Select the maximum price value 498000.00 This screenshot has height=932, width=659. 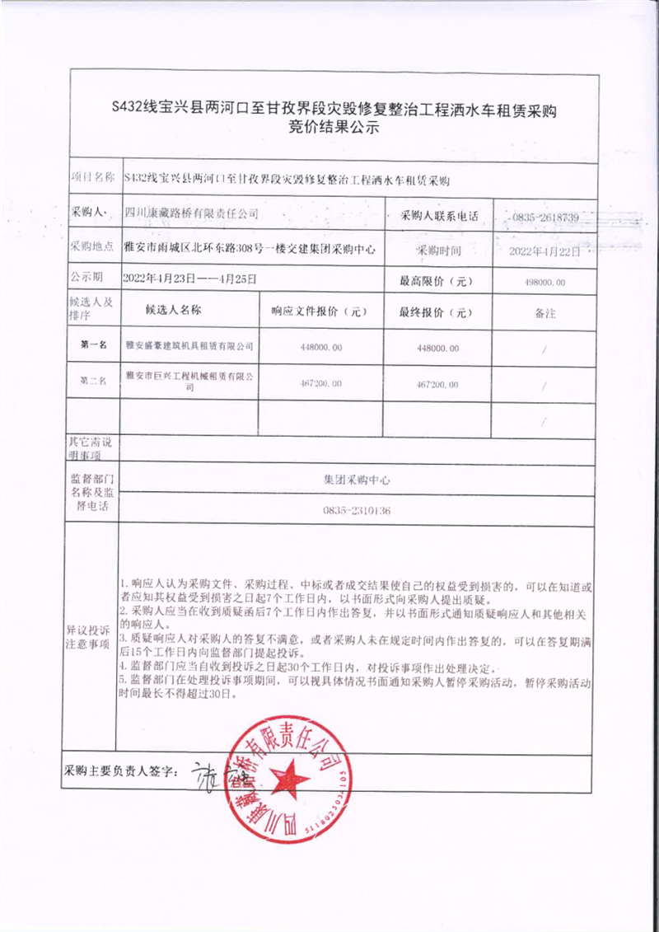(x=544, y=282)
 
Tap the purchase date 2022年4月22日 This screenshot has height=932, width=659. (x=544, y=250)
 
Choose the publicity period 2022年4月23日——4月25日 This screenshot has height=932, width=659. (x=189, y=279)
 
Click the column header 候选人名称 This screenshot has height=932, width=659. (x=173, y=311)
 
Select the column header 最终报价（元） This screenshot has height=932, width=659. (x=436, y=313)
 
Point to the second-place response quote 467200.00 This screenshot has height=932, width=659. (x=322, y=384)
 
